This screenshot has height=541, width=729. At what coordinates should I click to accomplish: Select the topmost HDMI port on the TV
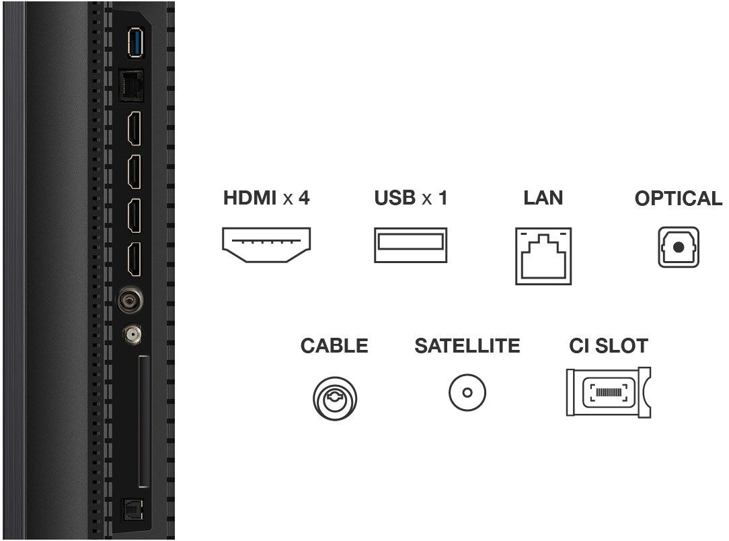pos(135,128)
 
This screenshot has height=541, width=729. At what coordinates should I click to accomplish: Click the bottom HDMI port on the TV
pos(135,260)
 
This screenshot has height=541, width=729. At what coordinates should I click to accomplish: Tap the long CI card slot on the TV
pos(143,422)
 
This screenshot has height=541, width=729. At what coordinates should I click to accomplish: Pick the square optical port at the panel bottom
pos(129,511)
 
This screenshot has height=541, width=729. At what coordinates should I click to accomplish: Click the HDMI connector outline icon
pos(266,245)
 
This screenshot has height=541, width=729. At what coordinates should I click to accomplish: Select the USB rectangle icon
pos(410,245)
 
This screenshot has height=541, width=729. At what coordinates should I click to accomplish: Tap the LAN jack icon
pos(543,256)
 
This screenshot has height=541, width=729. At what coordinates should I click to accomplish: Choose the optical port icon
pos(678,247)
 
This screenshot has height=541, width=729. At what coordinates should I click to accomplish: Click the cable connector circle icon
pos(334,396)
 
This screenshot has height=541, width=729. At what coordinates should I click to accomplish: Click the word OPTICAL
pos(678,199)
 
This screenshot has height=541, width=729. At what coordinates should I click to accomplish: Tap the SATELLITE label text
pos(467,346)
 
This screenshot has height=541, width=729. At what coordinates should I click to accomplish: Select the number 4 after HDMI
pos(304,198)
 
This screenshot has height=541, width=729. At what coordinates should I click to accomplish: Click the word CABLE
pos(334,346)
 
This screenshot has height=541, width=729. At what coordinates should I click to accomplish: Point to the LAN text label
pos(543,198)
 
